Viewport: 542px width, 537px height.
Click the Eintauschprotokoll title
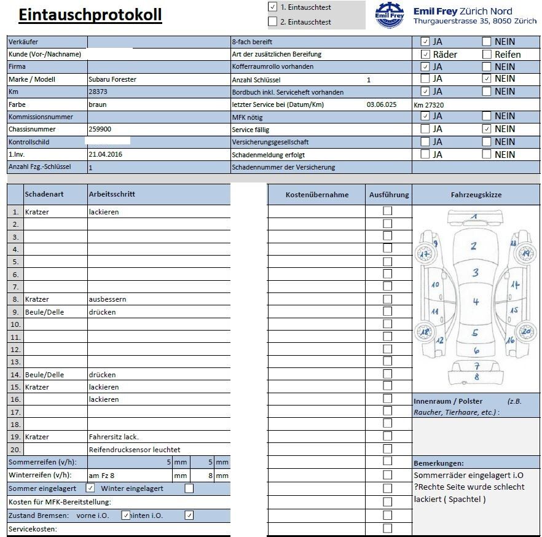(90, 15)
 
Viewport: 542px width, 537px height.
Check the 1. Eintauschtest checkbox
(273, 7)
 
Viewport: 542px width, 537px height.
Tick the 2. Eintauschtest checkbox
(273, 22)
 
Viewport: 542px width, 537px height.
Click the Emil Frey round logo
(390, 15)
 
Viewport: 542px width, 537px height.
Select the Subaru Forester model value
(112, 79)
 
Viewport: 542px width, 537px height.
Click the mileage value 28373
(98, 92)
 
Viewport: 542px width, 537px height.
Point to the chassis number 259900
(100, 129)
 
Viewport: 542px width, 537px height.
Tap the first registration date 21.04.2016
(105, 154)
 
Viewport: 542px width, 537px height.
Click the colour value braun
(98, 104)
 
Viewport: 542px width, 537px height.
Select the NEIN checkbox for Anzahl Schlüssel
(487, 79)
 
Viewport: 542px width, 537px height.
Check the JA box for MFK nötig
(425, 116)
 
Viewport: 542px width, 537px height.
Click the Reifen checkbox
(487, 54)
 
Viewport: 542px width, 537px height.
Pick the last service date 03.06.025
(382, 104)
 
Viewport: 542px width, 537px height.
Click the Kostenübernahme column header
(316, 195)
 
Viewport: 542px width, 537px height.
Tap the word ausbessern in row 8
(107, 299)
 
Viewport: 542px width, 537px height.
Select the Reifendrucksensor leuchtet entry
(135, 450)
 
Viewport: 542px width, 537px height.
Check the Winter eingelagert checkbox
(189, 488)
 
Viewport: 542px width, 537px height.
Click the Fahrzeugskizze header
(476, 195)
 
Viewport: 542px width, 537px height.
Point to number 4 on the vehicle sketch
(476, 302)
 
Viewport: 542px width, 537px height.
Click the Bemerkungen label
(439, 463)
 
